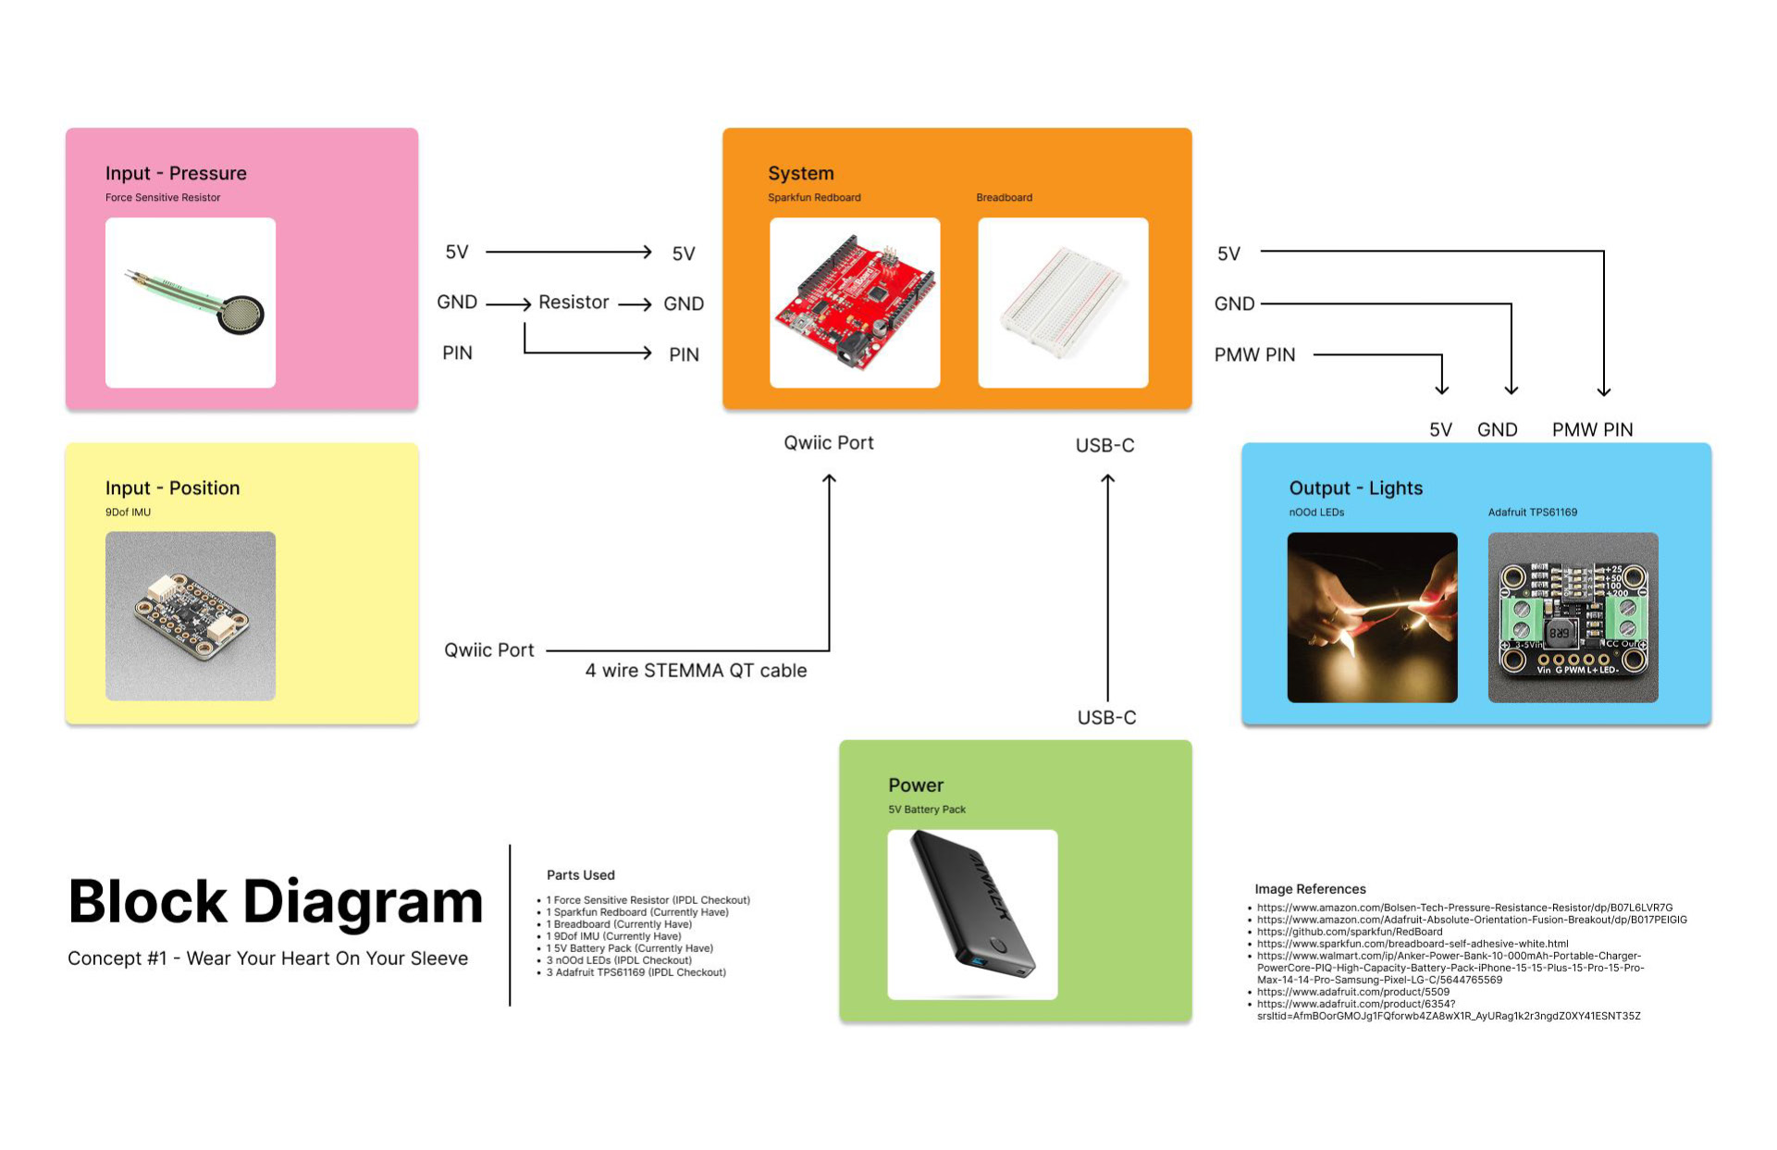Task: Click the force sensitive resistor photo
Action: [x=191, y=303]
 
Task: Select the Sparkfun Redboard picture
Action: [x=855, y=303]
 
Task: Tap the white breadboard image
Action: [x=1063, y=303]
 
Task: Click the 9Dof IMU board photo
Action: [x=191, y=616]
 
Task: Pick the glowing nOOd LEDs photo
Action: [x=1372, y=617]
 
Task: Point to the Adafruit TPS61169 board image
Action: [x=1573, y=617]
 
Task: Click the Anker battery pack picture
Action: [x=972, y=914]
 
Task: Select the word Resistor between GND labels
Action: [x=574, y=303]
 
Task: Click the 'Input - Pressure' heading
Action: [x=176, y=173]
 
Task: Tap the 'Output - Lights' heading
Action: [x=1355, y=488]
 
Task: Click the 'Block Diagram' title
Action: [x=276, y=902]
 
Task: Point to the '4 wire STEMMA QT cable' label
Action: [x=696, y=671]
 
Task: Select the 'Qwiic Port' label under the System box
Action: [x=829, y=443]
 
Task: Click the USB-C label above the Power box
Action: [x=1106, y=717]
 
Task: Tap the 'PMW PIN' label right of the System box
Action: [x=1254, y=354]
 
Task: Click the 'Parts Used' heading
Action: [x=580, y=875]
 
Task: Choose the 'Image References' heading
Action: [x=1310, y=889]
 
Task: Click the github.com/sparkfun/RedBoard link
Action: [x=1350, y=932]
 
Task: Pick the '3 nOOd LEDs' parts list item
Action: [x=619, y=960]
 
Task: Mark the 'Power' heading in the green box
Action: [x=916, y=785]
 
